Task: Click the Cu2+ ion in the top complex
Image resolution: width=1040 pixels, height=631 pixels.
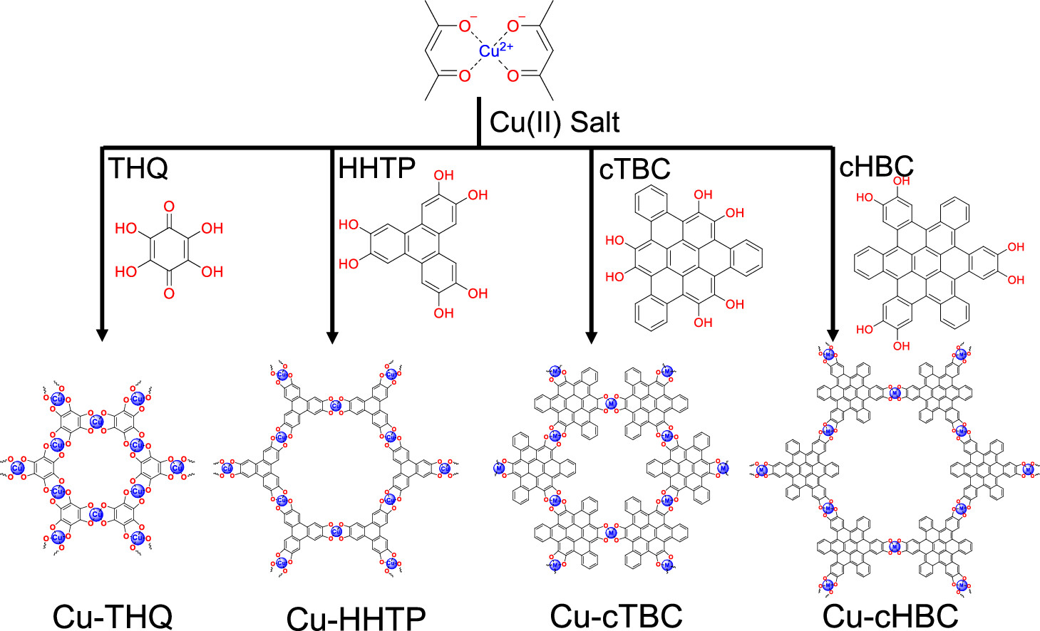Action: (x=490, y=51)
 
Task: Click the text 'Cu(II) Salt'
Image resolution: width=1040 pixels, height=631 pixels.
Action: (x=554, y=122)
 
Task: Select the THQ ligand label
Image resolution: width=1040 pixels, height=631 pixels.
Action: (x=138, y=169)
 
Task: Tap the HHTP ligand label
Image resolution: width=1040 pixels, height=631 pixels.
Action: (x=376, y=168)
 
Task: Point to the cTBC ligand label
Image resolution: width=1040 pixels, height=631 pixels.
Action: (x=634, y=169)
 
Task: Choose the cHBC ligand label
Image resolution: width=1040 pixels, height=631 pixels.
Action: (x=876, y=167)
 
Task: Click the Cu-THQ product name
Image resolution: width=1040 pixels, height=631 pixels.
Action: (x=113, y=616)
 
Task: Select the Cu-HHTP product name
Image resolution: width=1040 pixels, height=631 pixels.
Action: (x=356, y=617)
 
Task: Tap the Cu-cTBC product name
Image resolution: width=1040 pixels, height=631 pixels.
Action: (x=616, y=616)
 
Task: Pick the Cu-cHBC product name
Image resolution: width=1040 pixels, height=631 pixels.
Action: (x=890, y=616)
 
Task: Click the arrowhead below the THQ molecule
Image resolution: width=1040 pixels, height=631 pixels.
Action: (x=102, y=334)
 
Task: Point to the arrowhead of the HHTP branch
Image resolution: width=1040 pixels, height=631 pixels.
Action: (x=331, y=335)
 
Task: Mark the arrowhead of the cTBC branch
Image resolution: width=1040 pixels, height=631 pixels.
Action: (x=590, y=335)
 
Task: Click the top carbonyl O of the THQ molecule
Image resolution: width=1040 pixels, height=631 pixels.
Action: (x=169, y=207)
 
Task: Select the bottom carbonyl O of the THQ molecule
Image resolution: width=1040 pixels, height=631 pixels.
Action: (x=169, y=293)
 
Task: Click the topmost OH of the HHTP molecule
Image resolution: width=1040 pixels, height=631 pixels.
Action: (x=443, y=175)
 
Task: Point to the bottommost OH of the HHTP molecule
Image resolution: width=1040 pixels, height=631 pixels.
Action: (x=443, y=313)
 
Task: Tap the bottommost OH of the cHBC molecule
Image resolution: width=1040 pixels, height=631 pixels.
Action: (x=901, y=346)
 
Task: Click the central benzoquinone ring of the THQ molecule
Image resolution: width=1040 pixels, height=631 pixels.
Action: (x=169, y=250)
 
